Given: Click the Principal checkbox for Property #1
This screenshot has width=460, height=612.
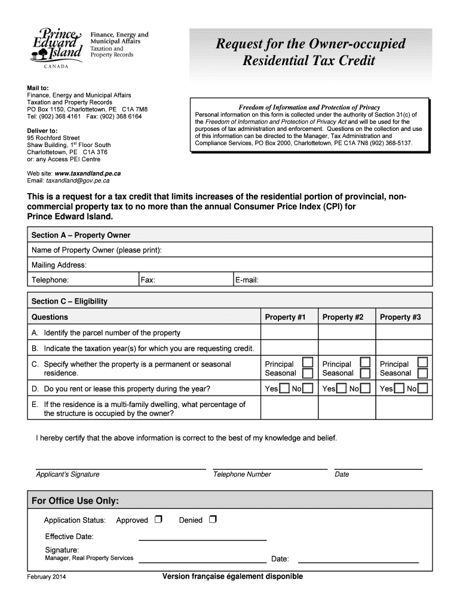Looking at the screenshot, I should [307, 363].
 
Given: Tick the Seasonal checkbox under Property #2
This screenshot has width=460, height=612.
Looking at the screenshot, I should [365, 374].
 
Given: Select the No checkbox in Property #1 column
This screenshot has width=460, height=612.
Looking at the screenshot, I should [308, 390].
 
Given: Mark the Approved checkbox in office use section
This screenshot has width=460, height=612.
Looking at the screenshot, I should [158, 519].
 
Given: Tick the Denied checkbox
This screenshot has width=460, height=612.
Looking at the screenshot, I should [213, 519].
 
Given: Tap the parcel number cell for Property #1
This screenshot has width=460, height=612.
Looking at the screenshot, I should [289, 333].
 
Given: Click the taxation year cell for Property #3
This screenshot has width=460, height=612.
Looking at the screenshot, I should [404, 348].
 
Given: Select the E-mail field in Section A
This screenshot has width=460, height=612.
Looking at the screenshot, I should [332, 280].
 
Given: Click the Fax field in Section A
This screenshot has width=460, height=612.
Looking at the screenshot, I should [185, 280].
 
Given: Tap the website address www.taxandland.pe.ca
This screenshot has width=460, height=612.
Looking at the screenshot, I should [88, 173].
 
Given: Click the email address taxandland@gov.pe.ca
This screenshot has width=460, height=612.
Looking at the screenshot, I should [78, 180].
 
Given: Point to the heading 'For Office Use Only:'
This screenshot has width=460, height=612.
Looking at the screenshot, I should [75, 500].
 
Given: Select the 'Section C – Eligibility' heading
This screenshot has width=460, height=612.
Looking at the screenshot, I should [69, 301].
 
